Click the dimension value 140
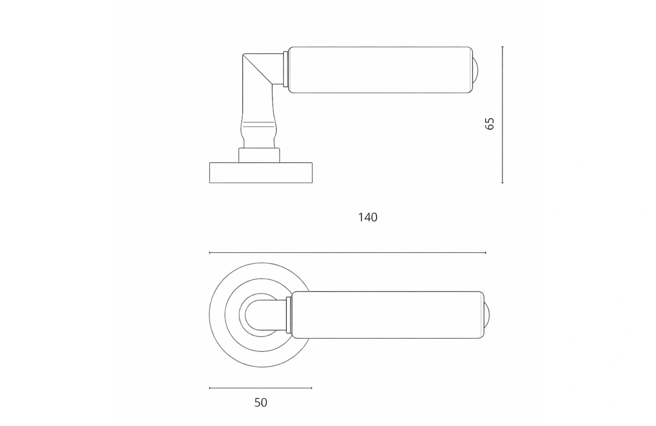[x=368, y=217]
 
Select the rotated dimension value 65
[x=489, y=124]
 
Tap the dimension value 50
[x=261, y=402]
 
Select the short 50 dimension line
[x=261, y=388]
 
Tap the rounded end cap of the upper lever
[x=475, y=70]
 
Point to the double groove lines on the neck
[x=257, y=125]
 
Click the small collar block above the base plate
[x=259, y=155]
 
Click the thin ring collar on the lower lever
[x=289, y=315]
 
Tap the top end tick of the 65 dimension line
[x=502, y=47]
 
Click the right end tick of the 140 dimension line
[x=485, y=253]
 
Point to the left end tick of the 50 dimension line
[x=210, y=388]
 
